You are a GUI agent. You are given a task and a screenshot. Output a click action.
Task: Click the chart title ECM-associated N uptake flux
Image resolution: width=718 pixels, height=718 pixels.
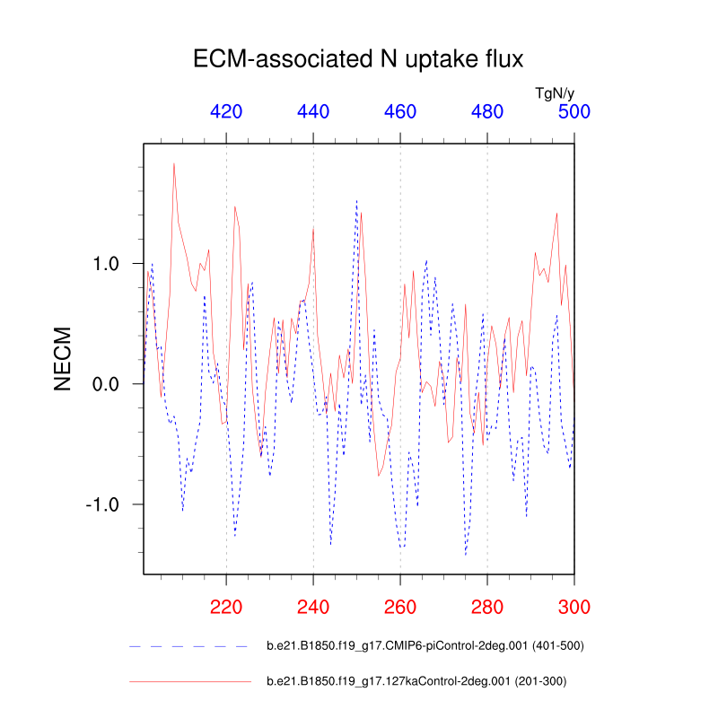358,60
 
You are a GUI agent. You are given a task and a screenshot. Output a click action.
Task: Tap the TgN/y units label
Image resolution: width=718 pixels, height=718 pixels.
555,92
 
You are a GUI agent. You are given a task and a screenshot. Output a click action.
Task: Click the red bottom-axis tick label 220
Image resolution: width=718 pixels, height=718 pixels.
226,606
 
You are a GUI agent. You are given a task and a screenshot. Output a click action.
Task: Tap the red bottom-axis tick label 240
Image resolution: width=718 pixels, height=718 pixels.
313,606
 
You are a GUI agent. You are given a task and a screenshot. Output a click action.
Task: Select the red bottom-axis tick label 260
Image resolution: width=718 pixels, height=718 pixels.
400,606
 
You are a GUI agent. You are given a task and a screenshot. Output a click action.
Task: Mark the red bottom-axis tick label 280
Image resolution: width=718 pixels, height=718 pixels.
487,606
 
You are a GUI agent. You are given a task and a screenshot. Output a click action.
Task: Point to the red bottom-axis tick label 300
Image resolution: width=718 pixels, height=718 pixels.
574,606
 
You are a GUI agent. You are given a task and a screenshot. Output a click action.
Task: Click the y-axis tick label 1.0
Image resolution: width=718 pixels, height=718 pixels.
112,264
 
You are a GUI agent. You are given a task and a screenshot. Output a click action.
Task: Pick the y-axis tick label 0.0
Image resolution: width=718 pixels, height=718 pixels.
112,384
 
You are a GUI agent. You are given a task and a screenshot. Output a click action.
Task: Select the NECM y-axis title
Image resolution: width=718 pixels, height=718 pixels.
62,358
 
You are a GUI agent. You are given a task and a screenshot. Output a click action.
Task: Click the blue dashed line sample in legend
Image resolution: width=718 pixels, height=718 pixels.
188,645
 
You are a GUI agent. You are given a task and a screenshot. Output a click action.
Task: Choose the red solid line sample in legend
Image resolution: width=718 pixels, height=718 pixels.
188,681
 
